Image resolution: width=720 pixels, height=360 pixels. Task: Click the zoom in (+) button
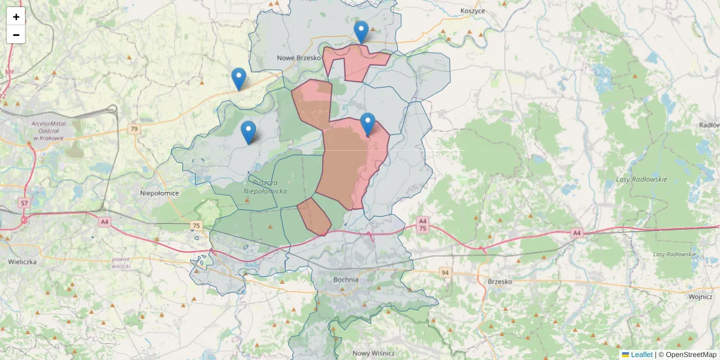coord(16,17)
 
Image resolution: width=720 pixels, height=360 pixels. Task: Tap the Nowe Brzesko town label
coord(299,58)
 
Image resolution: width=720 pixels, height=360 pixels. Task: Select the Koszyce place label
coord(472,11)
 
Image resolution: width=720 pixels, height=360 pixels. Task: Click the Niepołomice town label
coord(160,193)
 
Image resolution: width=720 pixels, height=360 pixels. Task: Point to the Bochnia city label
coord(346,280)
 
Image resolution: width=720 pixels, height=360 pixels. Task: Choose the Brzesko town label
coord(500,281)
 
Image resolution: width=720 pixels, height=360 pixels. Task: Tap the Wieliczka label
coord(22,262)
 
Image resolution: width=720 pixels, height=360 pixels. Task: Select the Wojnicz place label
coord(700,296)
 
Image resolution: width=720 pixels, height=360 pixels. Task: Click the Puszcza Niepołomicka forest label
coord(265,187)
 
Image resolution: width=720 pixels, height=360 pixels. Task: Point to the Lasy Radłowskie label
coord(641,179)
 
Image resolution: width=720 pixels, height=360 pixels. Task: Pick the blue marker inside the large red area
coord(368,124)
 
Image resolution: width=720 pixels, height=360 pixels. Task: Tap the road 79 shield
coord(134,129)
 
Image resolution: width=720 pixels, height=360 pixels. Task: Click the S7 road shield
coord(24,203)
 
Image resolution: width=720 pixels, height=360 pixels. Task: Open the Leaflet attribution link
coord(641,355)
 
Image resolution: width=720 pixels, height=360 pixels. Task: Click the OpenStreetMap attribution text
coord(691,355)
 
